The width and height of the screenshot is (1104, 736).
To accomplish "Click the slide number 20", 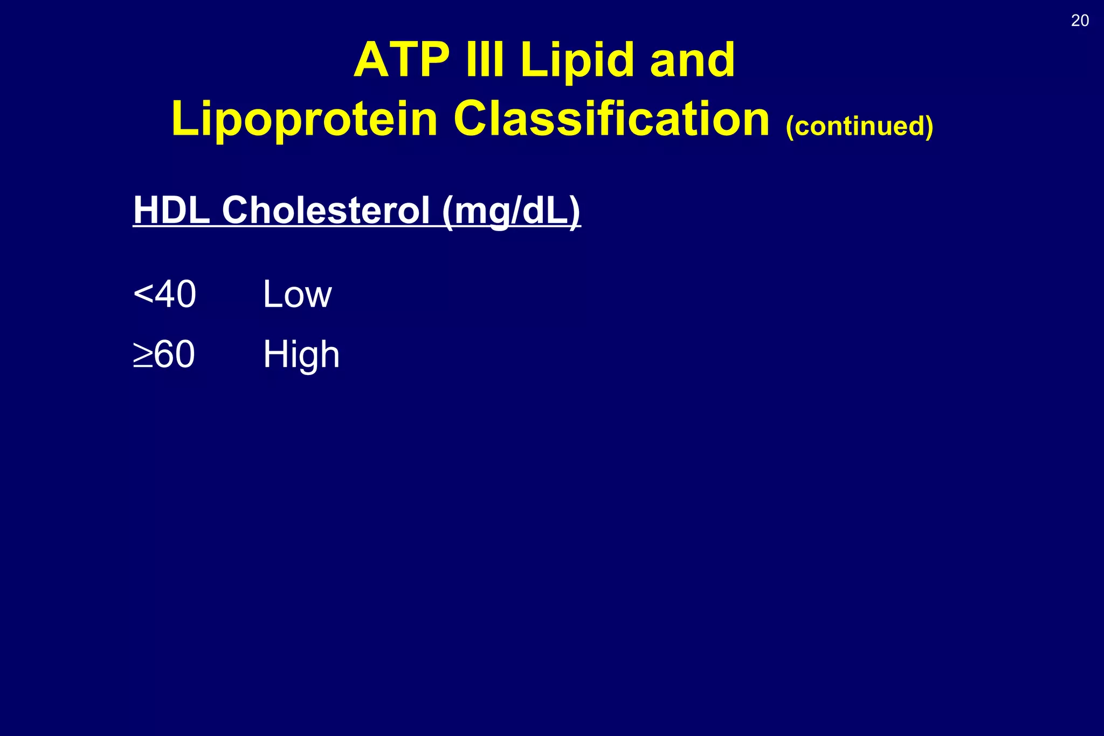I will pos(1080,21).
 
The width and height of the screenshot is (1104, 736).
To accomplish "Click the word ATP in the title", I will pos(402,60).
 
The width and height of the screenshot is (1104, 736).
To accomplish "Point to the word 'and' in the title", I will pos(692,60).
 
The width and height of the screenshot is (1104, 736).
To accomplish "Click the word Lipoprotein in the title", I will pos(304,120).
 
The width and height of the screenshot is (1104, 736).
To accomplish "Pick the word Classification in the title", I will pos(611,119).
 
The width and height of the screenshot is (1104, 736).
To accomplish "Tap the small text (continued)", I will pos(859,126).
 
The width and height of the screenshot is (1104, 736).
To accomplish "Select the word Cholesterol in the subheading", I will pos(326,210).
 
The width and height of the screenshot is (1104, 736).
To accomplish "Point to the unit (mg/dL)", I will pos(511,211).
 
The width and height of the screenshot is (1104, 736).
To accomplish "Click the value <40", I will pos(164,294).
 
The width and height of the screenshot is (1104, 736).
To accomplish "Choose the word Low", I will pos(297,295).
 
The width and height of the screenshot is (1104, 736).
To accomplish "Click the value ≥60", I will pos(164,355).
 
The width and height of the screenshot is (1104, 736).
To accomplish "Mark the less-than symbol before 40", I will pos(143,294).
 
